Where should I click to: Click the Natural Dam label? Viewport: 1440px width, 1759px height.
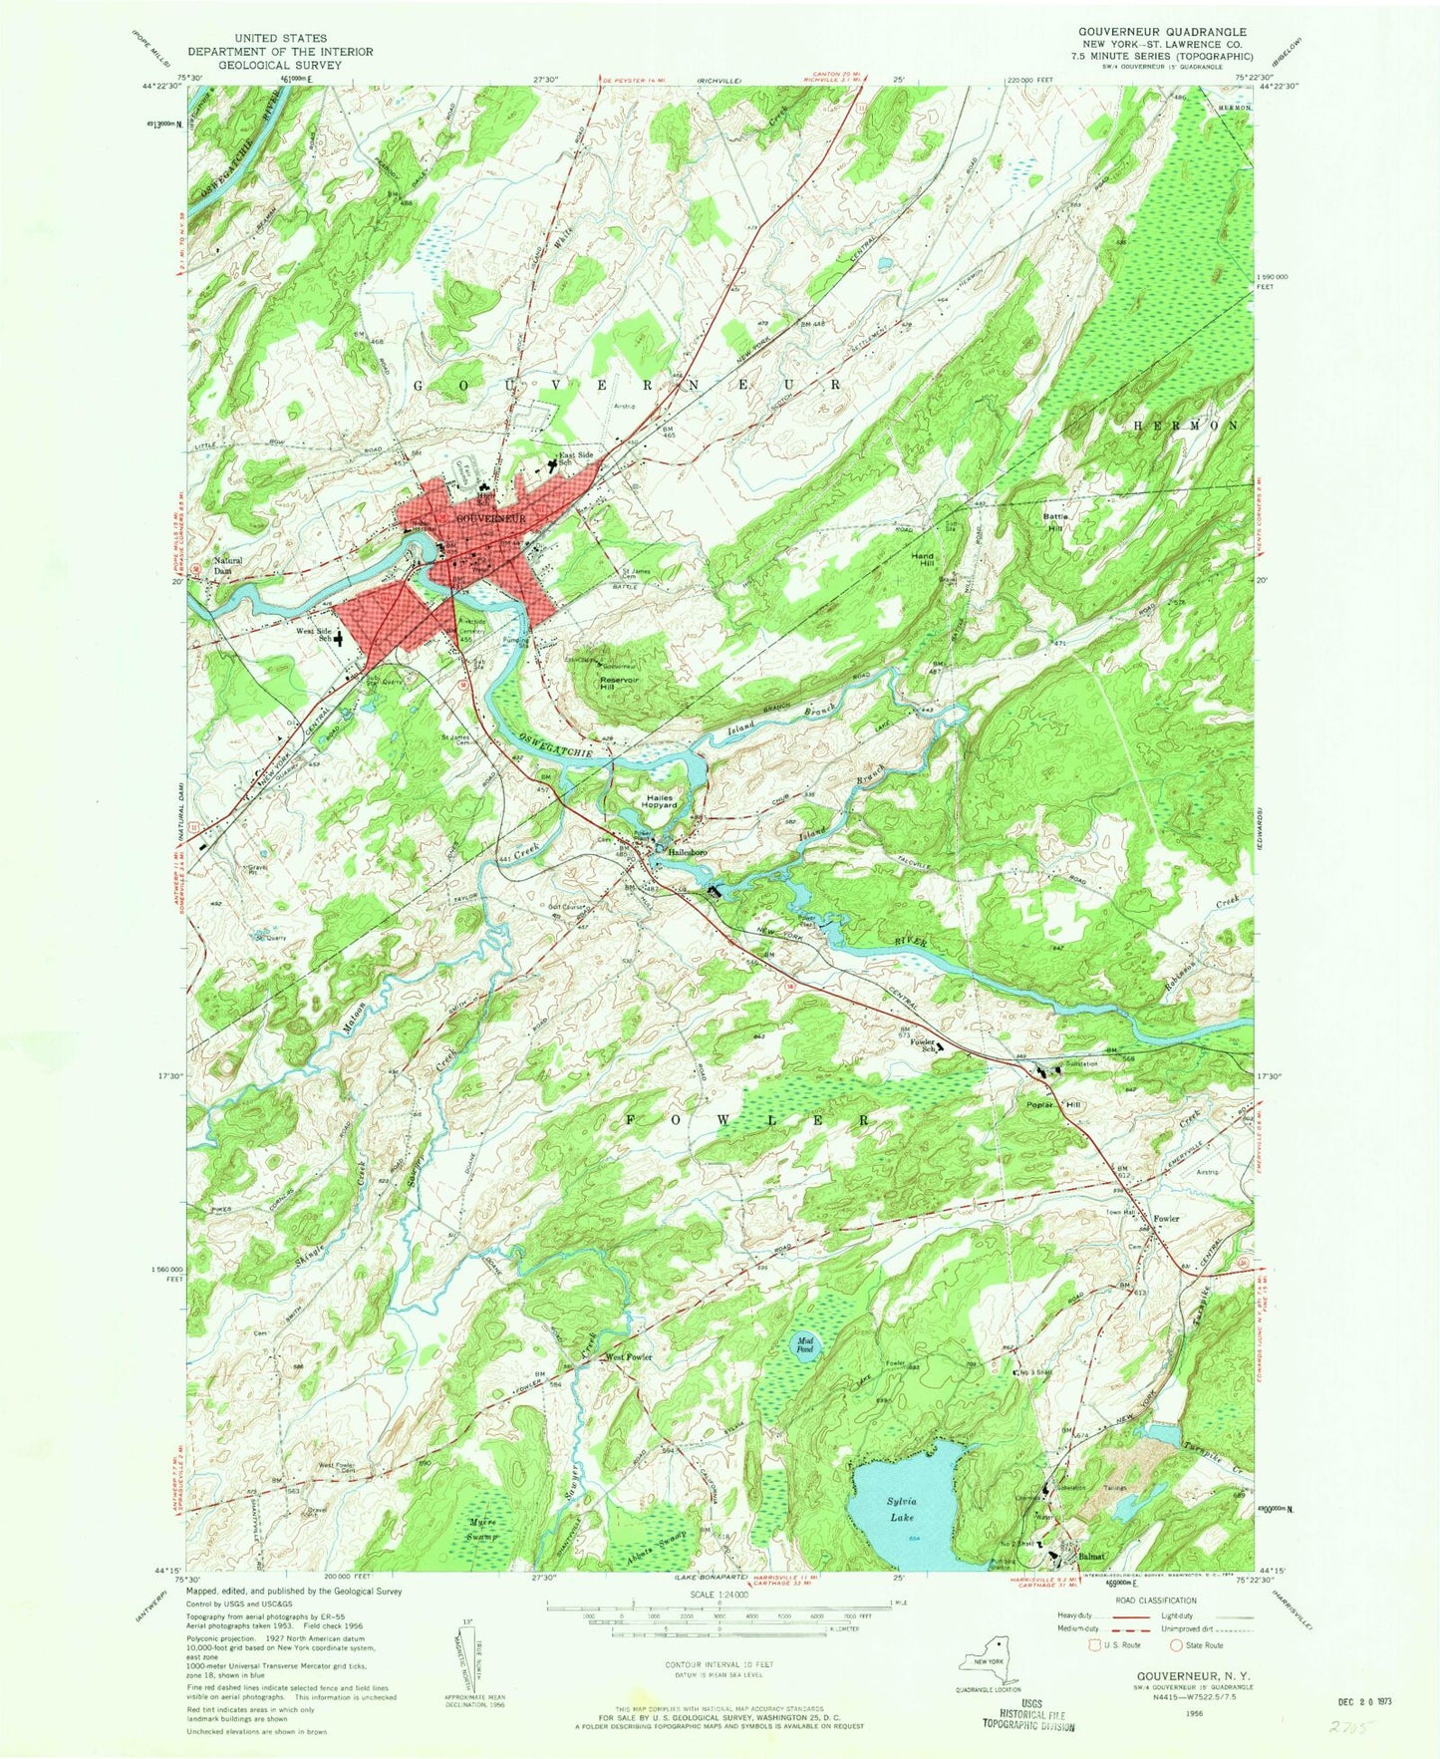[x=225, y=565]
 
